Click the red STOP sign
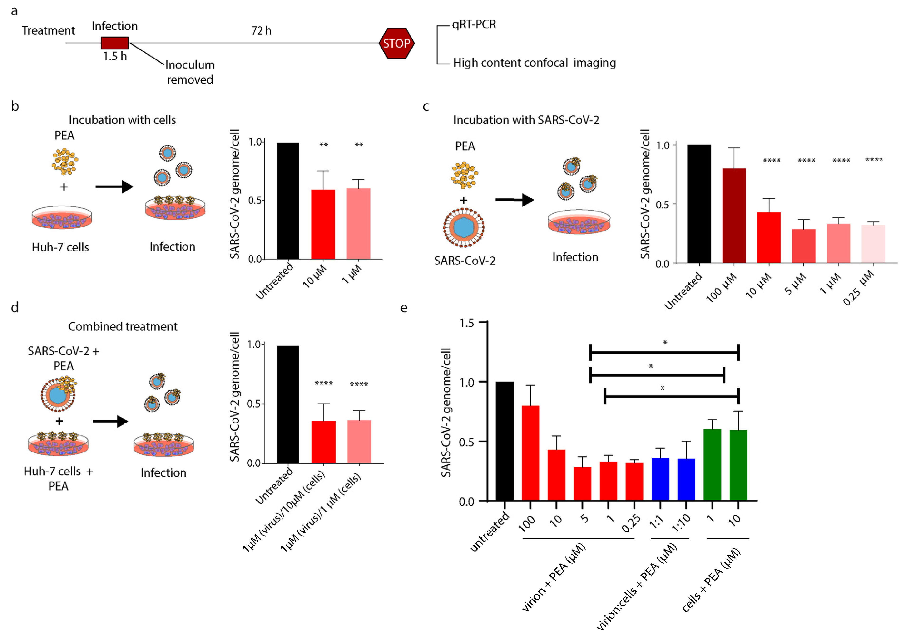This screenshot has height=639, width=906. pos(396,43)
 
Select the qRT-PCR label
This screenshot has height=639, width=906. pos(474,25)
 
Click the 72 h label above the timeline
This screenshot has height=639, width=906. pos(261,31)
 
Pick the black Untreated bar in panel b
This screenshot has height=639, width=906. pos(288,201)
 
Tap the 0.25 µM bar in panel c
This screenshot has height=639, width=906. pos(873,244)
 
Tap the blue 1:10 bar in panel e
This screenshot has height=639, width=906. pos(686,480)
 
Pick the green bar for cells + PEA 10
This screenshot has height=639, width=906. pos(738,465)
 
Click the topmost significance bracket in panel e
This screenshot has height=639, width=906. pos(664,352)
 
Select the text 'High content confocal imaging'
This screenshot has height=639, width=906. pos(534,63)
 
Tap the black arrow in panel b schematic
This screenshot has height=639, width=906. pos(114,187)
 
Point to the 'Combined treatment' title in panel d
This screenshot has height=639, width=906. pos(123,327)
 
